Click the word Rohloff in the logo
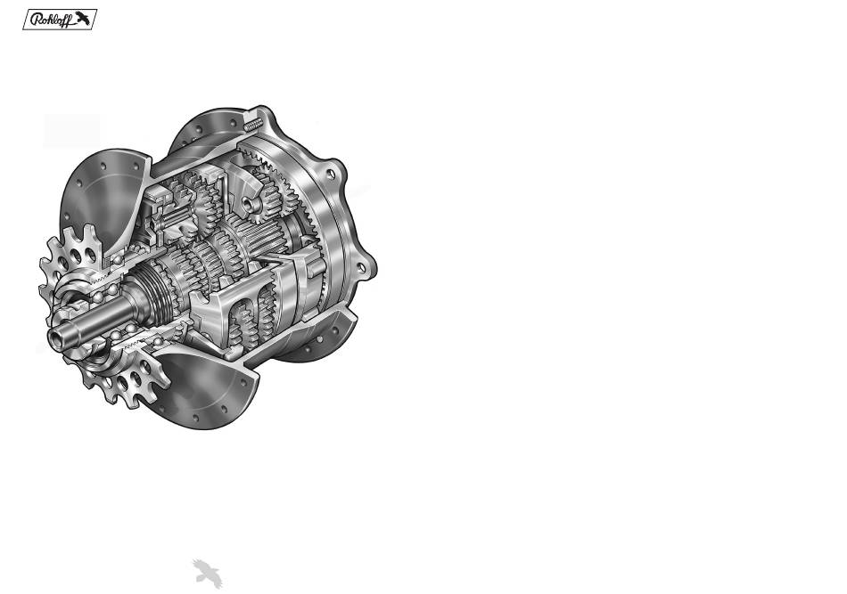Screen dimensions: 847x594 click(x=52, y=20)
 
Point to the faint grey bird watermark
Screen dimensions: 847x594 click(x=208, y=574)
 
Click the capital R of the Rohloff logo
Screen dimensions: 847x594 click(x=37, y=20)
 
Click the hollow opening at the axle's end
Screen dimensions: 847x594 click(x=55, y=338)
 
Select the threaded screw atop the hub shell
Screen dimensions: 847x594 click(x=253, y=125)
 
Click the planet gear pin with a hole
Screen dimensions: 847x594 click(x=249, y=204)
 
